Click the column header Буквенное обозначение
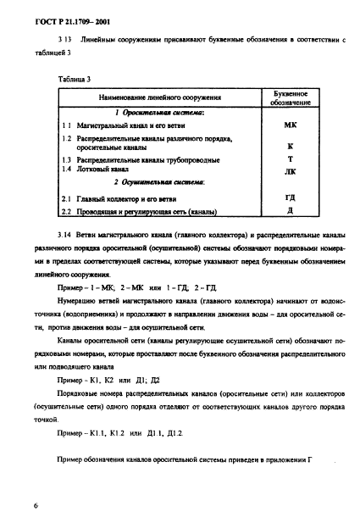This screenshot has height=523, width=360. point(290,97)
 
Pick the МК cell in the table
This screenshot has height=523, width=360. point(290,125)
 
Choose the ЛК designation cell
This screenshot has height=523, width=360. point(290,170)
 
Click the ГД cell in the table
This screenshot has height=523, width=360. point(290,198)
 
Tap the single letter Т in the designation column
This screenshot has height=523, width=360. point(290,159)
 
